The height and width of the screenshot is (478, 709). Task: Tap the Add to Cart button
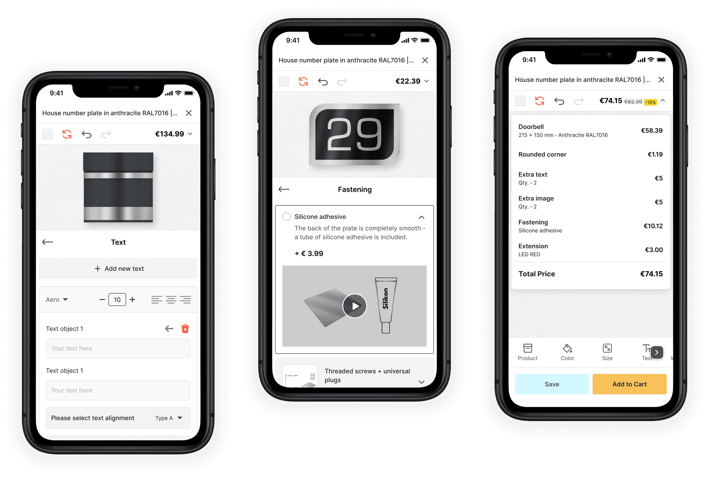pos(629,384)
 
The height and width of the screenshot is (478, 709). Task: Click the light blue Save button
pos(552,384)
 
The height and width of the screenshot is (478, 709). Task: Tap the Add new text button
pos(118,268)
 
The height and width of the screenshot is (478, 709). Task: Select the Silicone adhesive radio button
pos(287,217)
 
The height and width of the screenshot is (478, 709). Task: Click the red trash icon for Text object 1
pos(185,329)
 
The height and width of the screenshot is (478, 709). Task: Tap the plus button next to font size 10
pos(132,300)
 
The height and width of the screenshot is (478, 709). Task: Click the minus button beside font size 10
pos(102,300)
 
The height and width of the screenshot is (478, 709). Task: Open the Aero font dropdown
pos(57,300)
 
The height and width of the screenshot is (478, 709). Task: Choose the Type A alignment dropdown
pos(169,418)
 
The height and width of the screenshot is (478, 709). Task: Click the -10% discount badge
pos(650,102)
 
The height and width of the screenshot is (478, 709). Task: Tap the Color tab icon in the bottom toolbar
pos(567,348)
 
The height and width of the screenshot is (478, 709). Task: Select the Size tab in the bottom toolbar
pos(607,352)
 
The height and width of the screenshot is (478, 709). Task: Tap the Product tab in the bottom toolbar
pos(528,352)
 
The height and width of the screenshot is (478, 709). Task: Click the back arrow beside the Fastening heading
pos(284,189)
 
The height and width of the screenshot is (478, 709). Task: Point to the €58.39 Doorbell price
pos(652,130)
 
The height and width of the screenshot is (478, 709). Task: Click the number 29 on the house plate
pos(354,134)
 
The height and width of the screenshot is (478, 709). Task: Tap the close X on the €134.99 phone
pos(189,113)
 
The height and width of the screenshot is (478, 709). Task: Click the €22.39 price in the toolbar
pos(408,81)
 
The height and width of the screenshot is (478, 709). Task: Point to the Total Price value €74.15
pos(651,274)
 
